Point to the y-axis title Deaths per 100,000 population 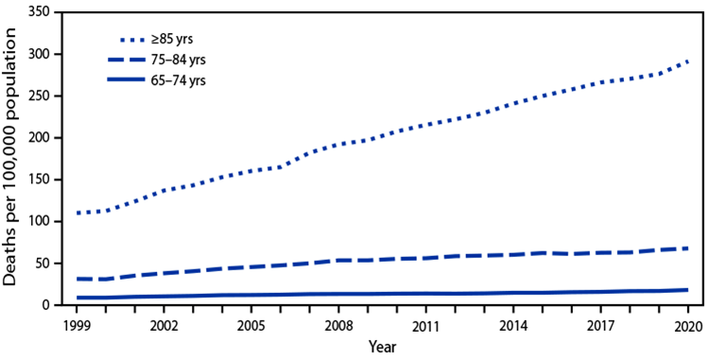12,159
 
